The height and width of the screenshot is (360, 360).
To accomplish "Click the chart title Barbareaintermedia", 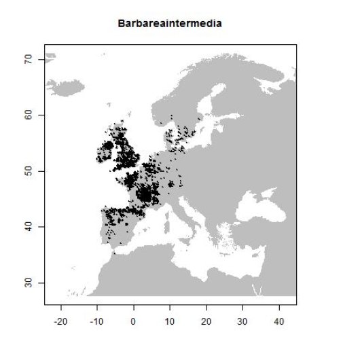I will (x=170, y=24).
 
